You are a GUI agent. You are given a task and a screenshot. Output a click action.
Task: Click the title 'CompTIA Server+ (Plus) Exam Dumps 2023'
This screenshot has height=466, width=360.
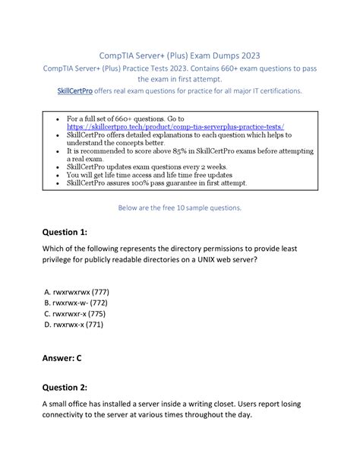pyautogui.click(x=180, y=55)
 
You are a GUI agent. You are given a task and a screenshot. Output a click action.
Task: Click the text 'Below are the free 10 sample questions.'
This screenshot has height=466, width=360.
pyautogui.click(x=180, y=207)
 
